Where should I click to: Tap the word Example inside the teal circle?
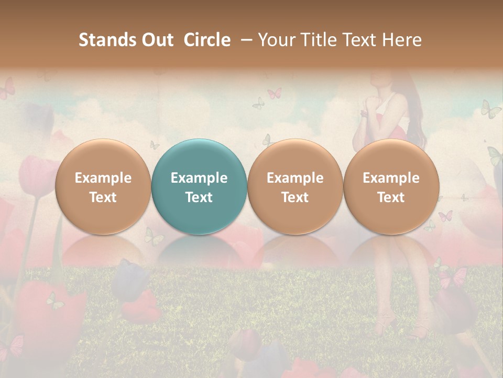coord(199,178)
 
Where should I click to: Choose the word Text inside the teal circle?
coord(199,197)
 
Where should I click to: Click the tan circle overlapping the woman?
coord(391,186)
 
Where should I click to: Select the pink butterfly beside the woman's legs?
coord(453,276)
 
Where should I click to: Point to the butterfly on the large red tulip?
coord(54,300)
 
